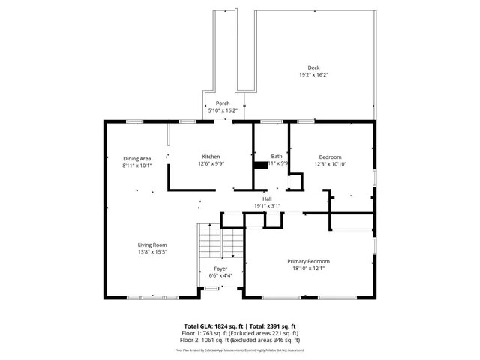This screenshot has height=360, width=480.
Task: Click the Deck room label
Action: pyautogui.click(x=313, y=67)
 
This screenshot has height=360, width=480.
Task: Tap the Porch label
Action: pyautogui.click(x=223, y=103)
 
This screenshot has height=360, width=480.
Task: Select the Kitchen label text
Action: pyautogui.click(x=211, y=157)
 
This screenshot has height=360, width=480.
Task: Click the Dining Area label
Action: pyautogui.click(x=137, y=158)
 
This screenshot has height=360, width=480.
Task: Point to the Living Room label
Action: pyautogui.click(x=152, y=245)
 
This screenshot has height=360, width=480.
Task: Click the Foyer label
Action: pyautogui.click(x=220, y=268)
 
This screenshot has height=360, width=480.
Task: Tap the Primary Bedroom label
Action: pyautogui.click(x=309, y=261)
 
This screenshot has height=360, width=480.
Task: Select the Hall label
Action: pyautogui.click(x=267, y=199)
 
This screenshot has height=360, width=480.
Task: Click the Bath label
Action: pyautogui.click(x=277, y=156)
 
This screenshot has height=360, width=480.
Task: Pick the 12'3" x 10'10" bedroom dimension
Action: pyautogui.click(x=331, y=163)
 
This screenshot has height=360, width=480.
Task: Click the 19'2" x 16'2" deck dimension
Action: pyautogui.click(x=314, y=75)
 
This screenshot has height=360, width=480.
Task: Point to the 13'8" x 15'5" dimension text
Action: pyautogui.click(x=152, y=252)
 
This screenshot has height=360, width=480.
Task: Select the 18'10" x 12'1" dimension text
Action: pyautogui.click(x=309, y=268)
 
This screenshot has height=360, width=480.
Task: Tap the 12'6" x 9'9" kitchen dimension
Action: pyautogui.click(x=211, y=163)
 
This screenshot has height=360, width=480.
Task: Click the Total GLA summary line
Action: pyautogui.click(x=240, y=326)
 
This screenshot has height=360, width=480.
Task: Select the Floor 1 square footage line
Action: pyautogui.click(x=240, y=333)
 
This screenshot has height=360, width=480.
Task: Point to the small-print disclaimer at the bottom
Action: pyautogui.click(x=240, y=349)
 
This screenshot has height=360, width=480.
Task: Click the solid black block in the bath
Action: pyautogui.click(x=260, y=165)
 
